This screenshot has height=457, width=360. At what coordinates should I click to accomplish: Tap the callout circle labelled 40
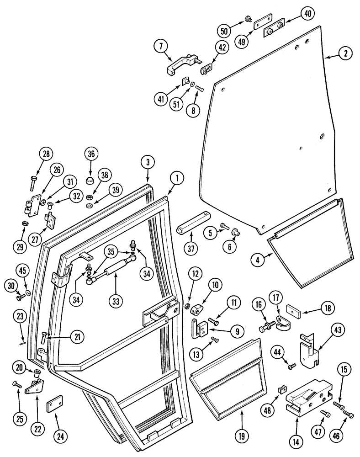pyautogui.click(x=307, y=14)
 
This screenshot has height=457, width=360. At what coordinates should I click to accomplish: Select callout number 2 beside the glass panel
pyautogui.click(x=346, y=53)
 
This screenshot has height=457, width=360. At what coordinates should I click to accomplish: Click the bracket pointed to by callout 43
pyautogui.click(x=308, y=349)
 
